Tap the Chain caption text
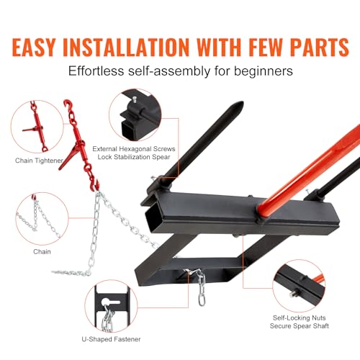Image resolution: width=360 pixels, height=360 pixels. pyautogui.click(x=42, y=251)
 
